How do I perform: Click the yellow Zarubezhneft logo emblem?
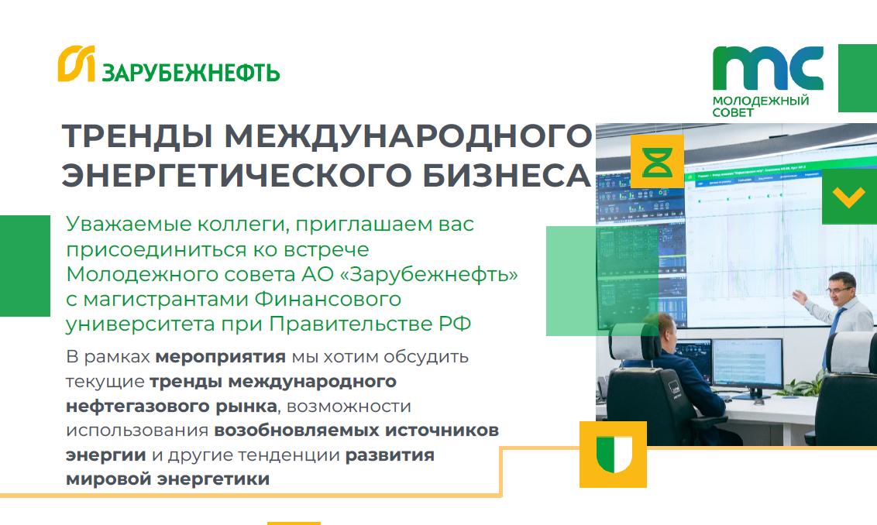(x=76, y=63)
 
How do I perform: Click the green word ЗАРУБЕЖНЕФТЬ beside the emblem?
(x=191, y=73)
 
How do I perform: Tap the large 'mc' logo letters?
(x=768, y=68)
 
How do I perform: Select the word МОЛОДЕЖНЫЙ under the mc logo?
(x=761, y=101)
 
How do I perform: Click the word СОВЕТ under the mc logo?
(x=733, y=112)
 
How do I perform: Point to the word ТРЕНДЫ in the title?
(x=136, y=136)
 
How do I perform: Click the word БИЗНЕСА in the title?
(x=506, y=175)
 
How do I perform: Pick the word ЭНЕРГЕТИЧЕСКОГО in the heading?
(x=236, y=175)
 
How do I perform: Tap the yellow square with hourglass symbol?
(x=657, y=162)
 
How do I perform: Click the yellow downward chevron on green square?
(x=849, y=197)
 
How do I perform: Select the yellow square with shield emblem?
(x=613, y=455)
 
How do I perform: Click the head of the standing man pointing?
(x=841, y=288)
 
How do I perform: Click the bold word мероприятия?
(x=220, y=357)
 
